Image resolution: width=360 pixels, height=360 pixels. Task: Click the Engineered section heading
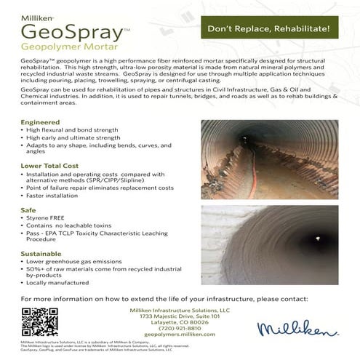pyautogui.click(x=41, y=121)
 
